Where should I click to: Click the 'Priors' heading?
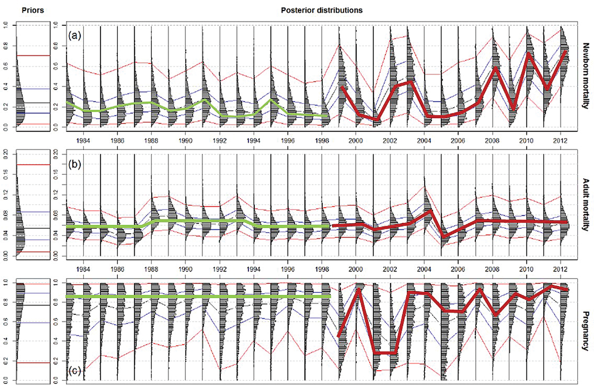[33, 10]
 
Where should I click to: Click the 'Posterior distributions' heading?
[322, 10]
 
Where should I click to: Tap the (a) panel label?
[74, 36]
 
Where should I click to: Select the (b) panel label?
[74, 164]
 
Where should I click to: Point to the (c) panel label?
[74, 371]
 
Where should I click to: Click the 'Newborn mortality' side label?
[585, 76]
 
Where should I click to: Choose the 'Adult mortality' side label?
[585, 204]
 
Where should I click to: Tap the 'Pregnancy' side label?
[585, 331]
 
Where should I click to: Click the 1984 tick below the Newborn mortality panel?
[83, 140]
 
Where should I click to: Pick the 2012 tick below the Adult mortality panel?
[560, 269]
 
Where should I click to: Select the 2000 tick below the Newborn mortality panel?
[356, 140]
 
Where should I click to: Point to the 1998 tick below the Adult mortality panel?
[322, 269]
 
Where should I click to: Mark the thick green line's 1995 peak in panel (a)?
[271, 100]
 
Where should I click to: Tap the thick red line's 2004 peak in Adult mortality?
[431, 210]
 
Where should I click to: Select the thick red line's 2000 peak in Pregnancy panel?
[359, 289]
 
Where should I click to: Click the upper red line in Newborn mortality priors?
[33, 55]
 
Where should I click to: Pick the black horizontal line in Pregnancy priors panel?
[33, 305]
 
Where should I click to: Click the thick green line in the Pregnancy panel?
[196, 296]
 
